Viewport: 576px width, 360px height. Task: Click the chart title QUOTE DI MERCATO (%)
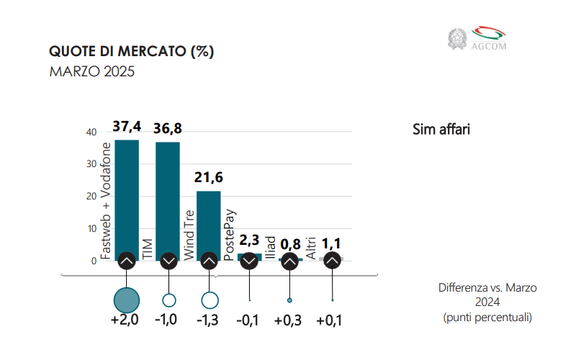pyautogui.click(x=131, y=52)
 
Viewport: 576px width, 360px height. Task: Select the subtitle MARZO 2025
pyautogui.click(x=91, y=72)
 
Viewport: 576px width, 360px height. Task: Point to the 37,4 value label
pyautogui.click(x=127, y=127)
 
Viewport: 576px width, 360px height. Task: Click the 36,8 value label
pyautogui.click(x=168, y=129)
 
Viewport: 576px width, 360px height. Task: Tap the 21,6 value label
pyautogui.click(x=210, y=178)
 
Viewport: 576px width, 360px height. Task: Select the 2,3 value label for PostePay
pyautogui.click(x=249, y=240)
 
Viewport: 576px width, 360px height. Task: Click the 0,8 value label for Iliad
pyautogui.click(x=289, y=243)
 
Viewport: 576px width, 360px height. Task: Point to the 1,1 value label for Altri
pyautogui.click(x=331, y=243)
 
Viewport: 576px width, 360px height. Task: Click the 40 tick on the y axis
pyautogui.click(x=91, y=132)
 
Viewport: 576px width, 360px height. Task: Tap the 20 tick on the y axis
pyautogui.click(x=91, y=197)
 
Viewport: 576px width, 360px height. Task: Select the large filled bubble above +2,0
pyautogui.click(x=127, y=300)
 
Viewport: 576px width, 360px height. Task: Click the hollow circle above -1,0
pyautogui.click(x=169, y=300)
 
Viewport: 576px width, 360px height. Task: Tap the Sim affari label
pyautogui.click(x=441, y=130)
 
